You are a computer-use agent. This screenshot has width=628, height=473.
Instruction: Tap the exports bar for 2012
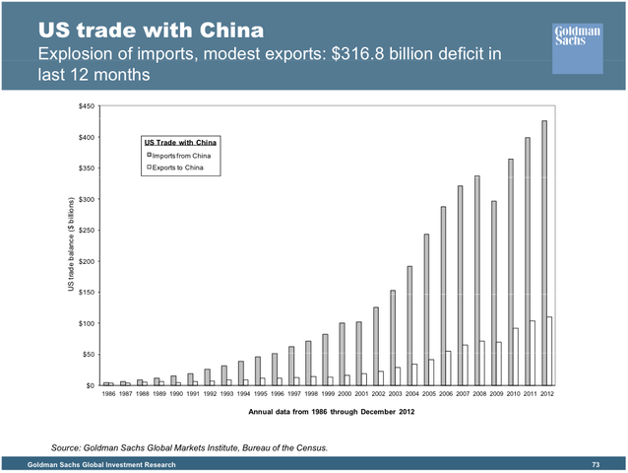[x=550, y=351]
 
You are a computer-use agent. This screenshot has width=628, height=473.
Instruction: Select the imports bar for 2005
[x=426, y=309]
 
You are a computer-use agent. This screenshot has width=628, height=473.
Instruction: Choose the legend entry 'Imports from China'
[x=181, y=156]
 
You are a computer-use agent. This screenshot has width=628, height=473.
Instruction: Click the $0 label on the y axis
[x=90, y=385]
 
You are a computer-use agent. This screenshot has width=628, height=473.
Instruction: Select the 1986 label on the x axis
[x=109, y=396]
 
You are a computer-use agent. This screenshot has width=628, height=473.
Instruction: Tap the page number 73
[x=596, y=464]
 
